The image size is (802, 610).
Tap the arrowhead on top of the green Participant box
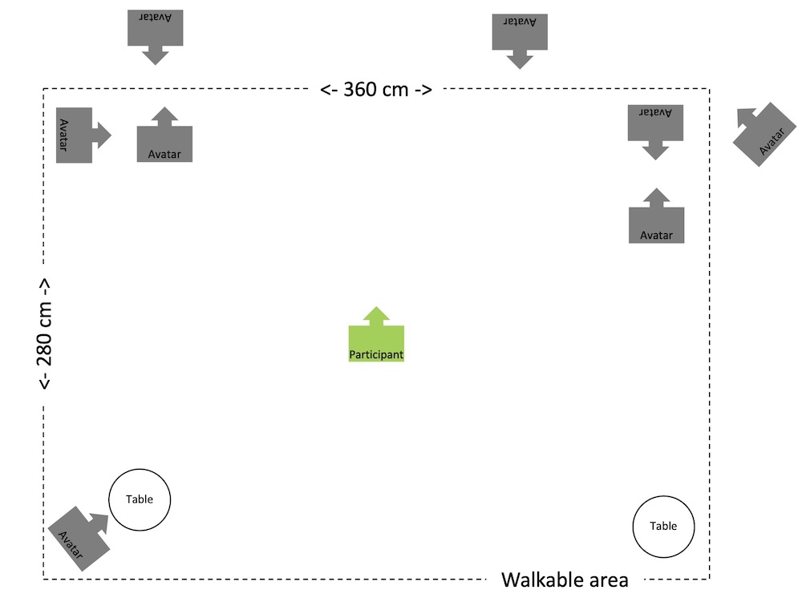[x=376, y=314]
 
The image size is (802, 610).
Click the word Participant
[x=376, y=353]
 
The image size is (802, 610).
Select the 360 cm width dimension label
[x=376, y=89]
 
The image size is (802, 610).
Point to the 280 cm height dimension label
[x=46, y=333]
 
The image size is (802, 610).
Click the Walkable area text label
[x=565, y=580]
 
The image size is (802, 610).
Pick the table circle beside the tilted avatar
[x=140, y=499]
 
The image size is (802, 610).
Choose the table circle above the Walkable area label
[x=663, y=526]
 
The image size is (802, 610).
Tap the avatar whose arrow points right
[x=75, y=135]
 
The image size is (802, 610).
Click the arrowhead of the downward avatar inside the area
[x=656, y=151]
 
